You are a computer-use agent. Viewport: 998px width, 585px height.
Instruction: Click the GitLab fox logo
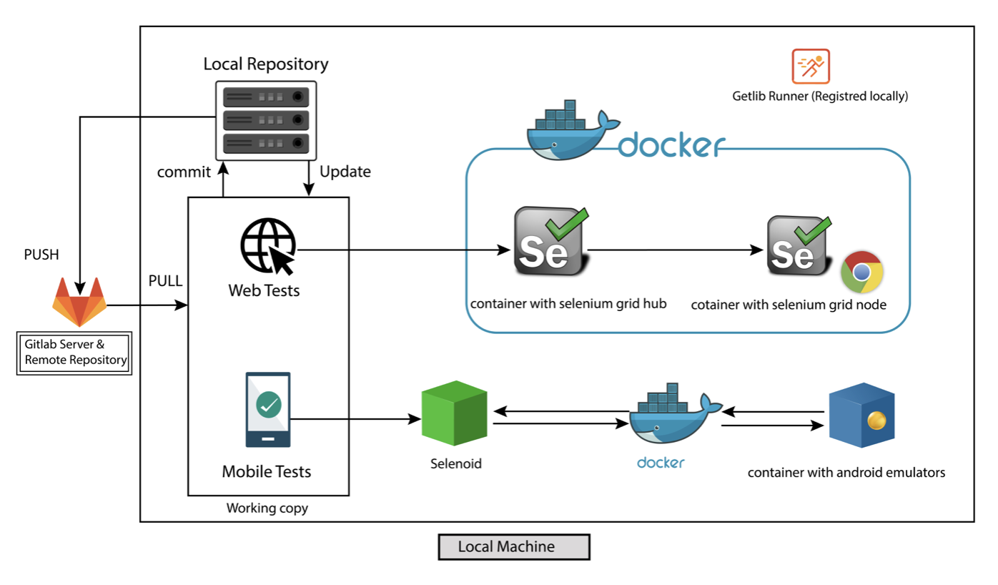[x=79, y=300]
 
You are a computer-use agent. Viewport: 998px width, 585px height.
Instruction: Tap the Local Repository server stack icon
[x=266, y=120]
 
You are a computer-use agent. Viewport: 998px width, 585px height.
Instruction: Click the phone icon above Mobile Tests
[x=268, y=409]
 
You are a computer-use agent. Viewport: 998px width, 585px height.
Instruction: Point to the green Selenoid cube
[x=454, y=413]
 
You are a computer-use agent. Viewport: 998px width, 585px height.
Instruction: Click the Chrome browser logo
[x=862, y=272]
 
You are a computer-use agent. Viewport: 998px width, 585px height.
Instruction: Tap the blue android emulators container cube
[x=861, y=416]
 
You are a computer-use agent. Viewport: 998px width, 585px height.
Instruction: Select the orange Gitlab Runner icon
[x=811, y=67]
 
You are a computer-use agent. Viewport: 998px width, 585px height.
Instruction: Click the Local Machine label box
[x=514, y=547]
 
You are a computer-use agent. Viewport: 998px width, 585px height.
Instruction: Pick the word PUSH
[x=41, y=255]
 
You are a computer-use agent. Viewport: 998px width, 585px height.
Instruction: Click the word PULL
[x=165, y=280]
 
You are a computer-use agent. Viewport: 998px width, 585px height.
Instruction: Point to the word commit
[x=184, y=172]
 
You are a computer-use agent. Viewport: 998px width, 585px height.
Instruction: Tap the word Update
[x=345, y=172]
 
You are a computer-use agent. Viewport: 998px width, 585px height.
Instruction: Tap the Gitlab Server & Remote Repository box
[x=75, y=353]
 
